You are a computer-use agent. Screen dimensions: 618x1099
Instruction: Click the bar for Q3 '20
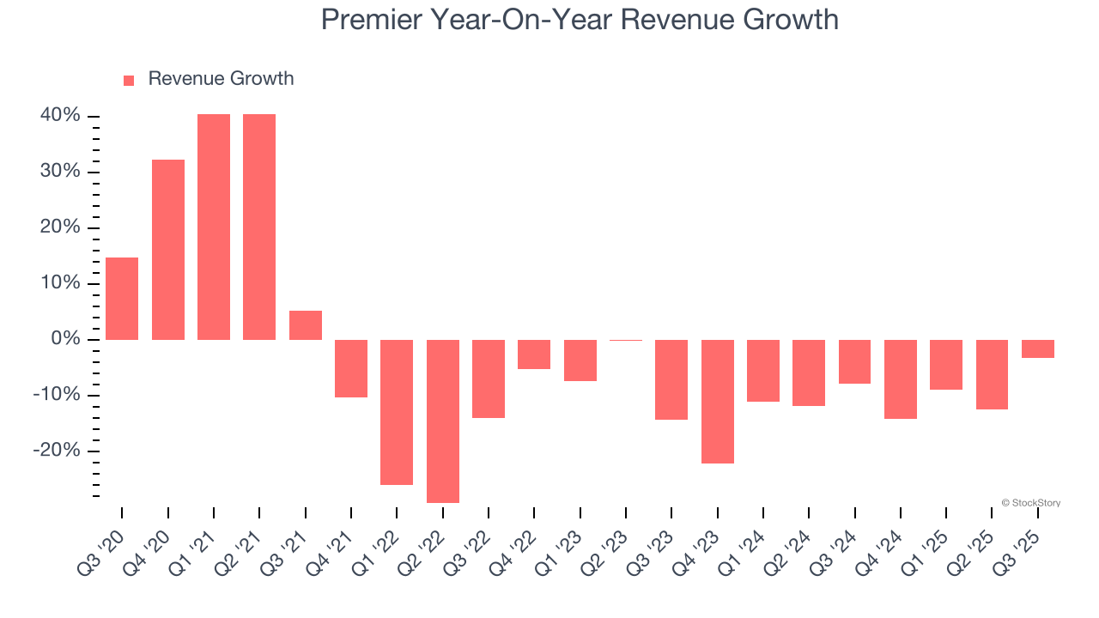coord(122,299)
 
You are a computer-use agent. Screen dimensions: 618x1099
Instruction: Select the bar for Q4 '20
coord(168,250)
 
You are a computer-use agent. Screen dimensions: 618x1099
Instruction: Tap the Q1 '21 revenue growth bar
coord(214,227)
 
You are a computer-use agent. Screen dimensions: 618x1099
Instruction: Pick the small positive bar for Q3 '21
coord(306,325)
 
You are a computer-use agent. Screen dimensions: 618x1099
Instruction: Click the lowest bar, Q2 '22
coord(443,421)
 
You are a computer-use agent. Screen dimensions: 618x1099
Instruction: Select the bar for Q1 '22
coord(397,412)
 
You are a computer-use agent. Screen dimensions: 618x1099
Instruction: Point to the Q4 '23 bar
coord(718,401)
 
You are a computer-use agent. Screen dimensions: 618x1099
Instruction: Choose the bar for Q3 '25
coord(1038,348)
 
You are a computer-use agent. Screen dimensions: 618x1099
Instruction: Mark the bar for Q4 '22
coord(534,354)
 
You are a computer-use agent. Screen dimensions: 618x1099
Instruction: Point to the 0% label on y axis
coord(67,339)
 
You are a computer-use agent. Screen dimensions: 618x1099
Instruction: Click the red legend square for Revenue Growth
coord(129,80)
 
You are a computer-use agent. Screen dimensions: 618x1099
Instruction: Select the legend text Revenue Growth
coord(221,79)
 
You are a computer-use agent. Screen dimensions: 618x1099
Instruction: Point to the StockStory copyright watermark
coord(1030,503)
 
